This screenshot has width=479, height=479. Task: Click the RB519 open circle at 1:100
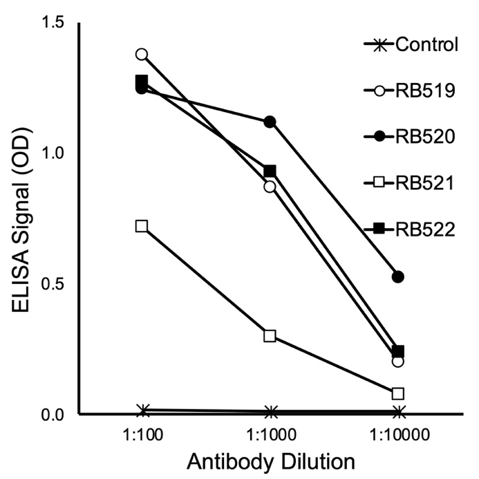pos(142,54)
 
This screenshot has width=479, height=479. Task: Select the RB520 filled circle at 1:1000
pos(270,122)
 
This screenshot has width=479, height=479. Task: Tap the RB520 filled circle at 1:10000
pos(397,276)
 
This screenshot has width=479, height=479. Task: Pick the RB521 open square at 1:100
pos(142,226)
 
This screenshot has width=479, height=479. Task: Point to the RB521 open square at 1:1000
pos(270,336)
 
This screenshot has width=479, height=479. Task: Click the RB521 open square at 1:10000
pos(397,393)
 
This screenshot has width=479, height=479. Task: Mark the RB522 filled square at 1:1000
pos(270,171)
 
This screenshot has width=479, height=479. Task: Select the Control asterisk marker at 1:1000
pos(270,412)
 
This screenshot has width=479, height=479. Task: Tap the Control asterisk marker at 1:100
pos(142,411)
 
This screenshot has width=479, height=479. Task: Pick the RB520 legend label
pos(424,137)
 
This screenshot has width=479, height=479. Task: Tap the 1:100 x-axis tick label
pos(142,438)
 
